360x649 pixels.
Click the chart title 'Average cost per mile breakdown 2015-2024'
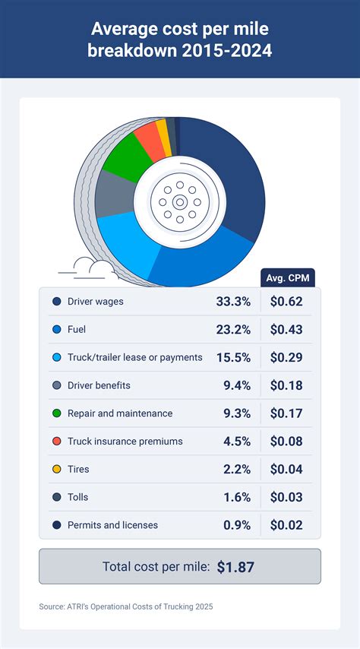[180, 40]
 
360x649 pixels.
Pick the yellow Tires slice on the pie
[163, 132]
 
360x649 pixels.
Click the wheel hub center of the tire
[179, 202]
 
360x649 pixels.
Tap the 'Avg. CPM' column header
[287, 277]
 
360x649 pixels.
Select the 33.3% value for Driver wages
[233, 302]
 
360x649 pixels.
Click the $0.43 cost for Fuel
[286, 330]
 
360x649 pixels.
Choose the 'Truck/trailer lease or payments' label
[134, 357]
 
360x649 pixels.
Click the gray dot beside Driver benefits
[56, 385]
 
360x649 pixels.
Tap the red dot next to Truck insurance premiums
[56, 442]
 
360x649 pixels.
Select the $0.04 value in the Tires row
[286, 469]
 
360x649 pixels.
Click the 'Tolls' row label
[77, 497]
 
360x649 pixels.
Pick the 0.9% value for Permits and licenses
[237, 525]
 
